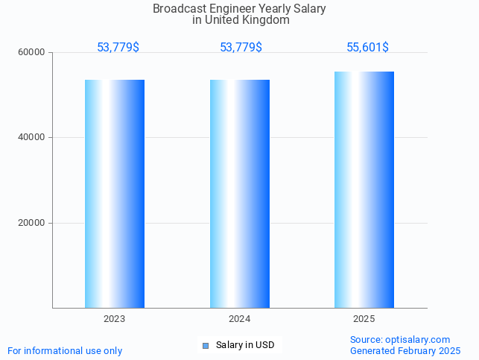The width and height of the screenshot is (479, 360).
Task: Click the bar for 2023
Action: point(115,194)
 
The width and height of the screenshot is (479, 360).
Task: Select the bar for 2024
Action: point(240,194)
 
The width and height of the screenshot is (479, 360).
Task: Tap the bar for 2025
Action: point(364,190)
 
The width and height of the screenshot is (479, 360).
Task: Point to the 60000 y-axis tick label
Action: point(32,53)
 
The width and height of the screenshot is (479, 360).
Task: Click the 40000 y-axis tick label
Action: point(32,138)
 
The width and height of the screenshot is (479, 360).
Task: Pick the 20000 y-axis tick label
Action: point(32,223)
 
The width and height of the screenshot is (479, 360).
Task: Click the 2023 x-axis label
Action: point(115,319)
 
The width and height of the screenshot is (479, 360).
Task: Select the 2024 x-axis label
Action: point(240,319)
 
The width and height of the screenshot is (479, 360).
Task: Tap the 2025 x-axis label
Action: point(364,319)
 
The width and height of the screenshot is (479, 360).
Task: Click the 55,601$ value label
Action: point(367,48)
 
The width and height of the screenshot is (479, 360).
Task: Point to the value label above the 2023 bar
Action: point(118,48)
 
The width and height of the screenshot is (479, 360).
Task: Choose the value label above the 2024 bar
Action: point(241,48)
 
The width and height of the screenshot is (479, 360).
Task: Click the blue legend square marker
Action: point(206,345)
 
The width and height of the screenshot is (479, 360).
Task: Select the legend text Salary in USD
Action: point(245,345)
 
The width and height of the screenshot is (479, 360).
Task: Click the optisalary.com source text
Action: point(400,339)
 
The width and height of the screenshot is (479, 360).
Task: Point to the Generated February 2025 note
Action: point(405,350)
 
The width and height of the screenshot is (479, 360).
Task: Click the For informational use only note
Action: point(65,350)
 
